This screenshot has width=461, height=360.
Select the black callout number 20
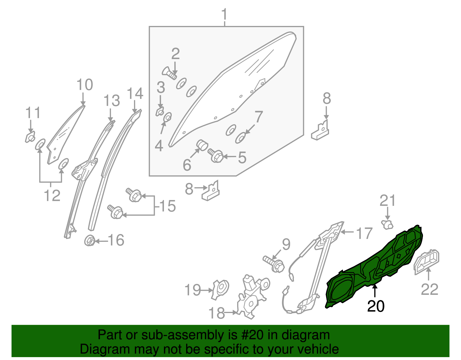click(x=376, y=306)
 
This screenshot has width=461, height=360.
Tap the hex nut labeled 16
click(x=90, y=240)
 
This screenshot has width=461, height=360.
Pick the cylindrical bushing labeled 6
click(x=202, y=145)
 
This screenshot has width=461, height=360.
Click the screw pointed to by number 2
click(x=169, y=73)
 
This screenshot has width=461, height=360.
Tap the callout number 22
click(x=429, y=289)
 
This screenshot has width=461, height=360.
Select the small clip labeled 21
click(x=387, y=224)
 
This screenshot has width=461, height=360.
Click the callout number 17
click(x=364, y=233)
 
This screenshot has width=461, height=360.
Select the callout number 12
click(x=52, y=196)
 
